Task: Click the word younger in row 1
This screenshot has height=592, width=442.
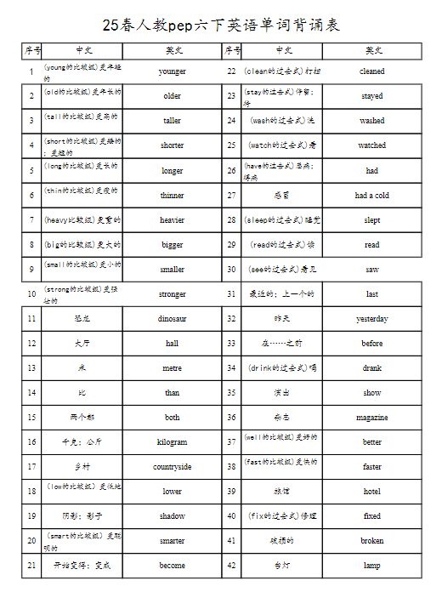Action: click(172, 71)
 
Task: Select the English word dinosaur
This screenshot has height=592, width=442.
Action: click(172, 319)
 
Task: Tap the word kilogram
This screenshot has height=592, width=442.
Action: click(172, 442)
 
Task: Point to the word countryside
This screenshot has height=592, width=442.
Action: click(172, 467)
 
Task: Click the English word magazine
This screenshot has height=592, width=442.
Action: click(372, 418)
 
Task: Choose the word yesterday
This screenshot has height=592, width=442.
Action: click(372, 319)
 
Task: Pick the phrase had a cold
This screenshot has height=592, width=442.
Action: click(372, 195)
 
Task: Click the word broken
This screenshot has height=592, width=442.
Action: click(372, 540)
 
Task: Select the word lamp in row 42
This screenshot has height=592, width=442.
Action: click(372, 565)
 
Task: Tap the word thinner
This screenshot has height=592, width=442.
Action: click(172, 195)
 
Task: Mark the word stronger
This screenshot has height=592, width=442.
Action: click(172, 294)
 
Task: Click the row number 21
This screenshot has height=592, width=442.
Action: click(31, 565)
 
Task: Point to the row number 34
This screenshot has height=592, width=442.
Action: click(231, 368)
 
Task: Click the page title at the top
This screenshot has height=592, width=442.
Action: click(221, 25)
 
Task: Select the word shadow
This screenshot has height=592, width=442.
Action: click(172, 515)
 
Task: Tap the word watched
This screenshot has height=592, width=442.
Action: click(372, 145)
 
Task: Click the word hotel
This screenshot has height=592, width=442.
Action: click(372, 491)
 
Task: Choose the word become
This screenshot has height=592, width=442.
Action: click(172, 565)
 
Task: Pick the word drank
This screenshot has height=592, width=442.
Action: click(372, 368)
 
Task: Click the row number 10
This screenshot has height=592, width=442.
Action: click(31, 294)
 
